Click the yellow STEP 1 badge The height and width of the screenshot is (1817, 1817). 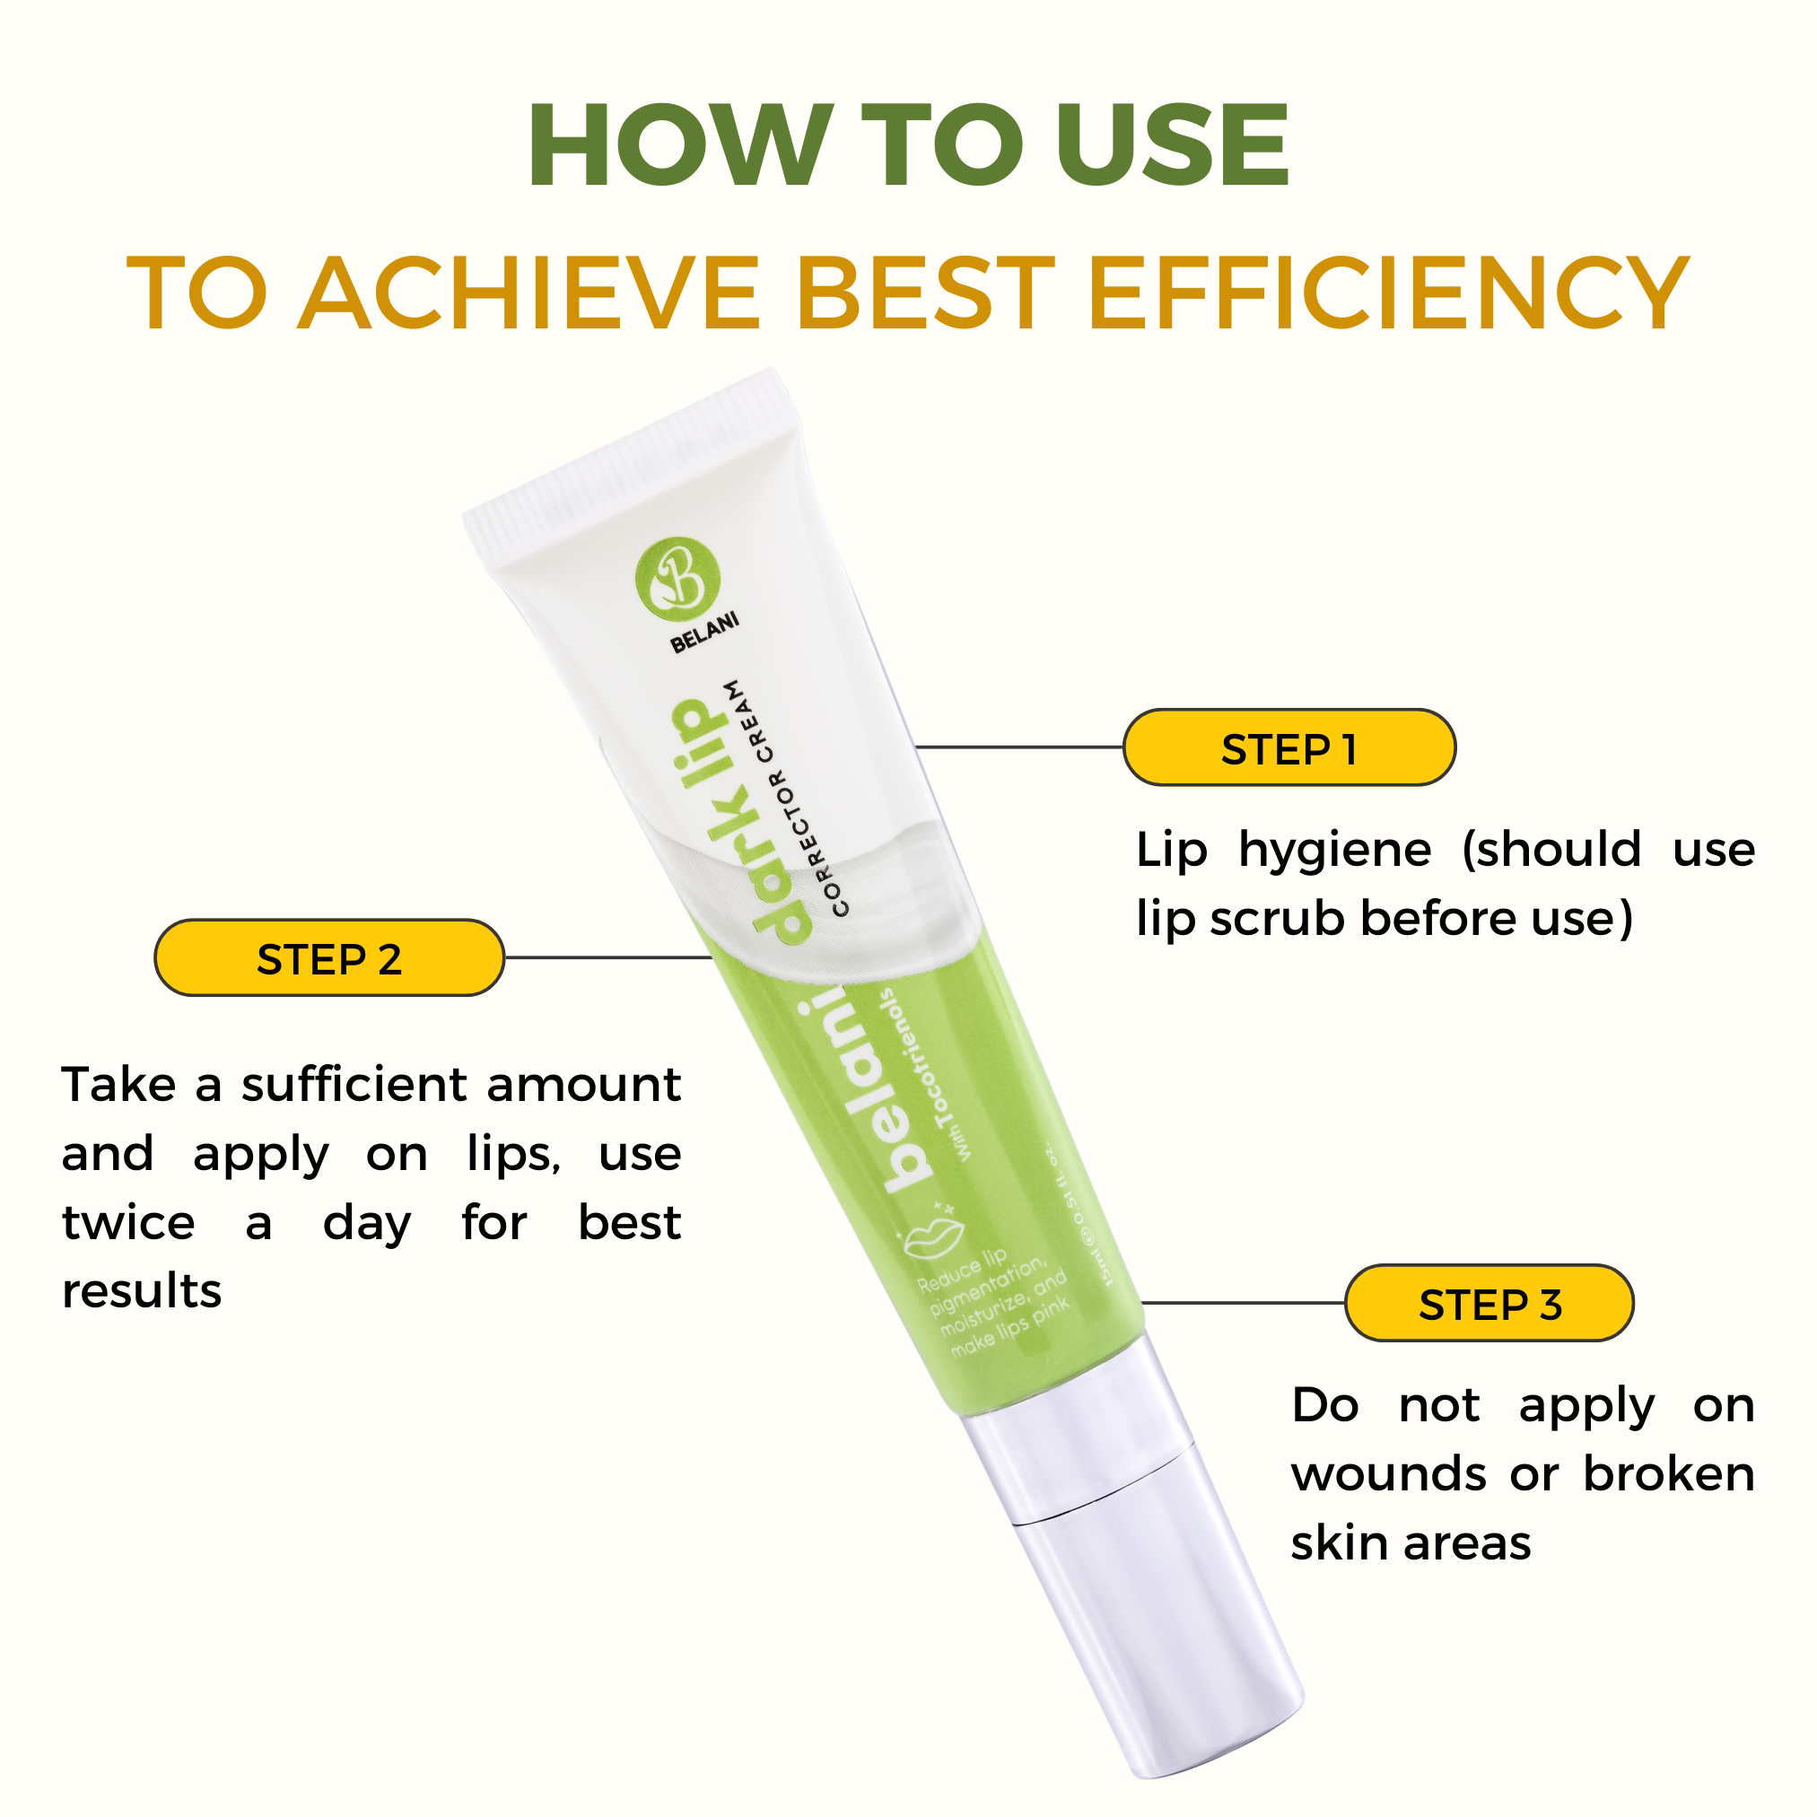1288,747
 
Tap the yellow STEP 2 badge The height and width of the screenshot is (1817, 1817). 329,957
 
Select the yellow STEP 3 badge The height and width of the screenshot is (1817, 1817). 1489,1303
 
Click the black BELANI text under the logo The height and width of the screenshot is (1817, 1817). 704,632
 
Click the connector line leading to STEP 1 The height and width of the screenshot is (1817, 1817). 1019,747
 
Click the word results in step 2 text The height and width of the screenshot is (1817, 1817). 141,1291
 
